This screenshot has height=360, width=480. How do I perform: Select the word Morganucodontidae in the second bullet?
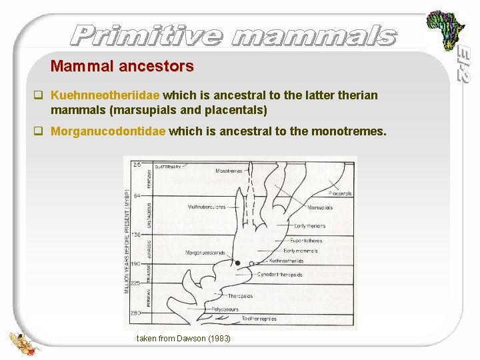108,132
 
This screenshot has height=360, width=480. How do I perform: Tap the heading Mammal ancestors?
122,66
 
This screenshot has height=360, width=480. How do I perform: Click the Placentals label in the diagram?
339,193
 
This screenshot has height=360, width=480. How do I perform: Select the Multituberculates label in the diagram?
207,207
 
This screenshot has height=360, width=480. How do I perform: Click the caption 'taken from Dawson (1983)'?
183,339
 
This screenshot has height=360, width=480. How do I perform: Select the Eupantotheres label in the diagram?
306,241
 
